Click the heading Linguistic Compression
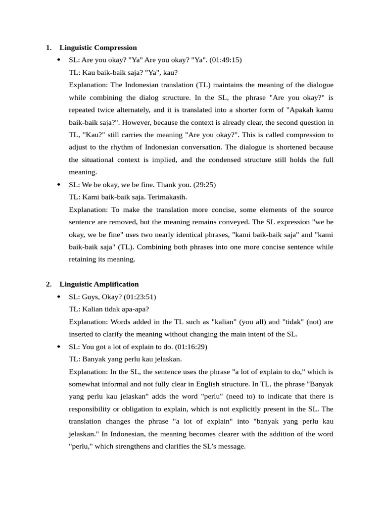(x=98, y=48)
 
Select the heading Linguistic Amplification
(x=99, y=284)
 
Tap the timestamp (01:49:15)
(x=226, y=60)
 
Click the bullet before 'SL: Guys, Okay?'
(x=58, y=297)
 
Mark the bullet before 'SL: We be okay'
(x=58, y=185)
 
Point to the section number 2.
(x=48, y=284)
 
